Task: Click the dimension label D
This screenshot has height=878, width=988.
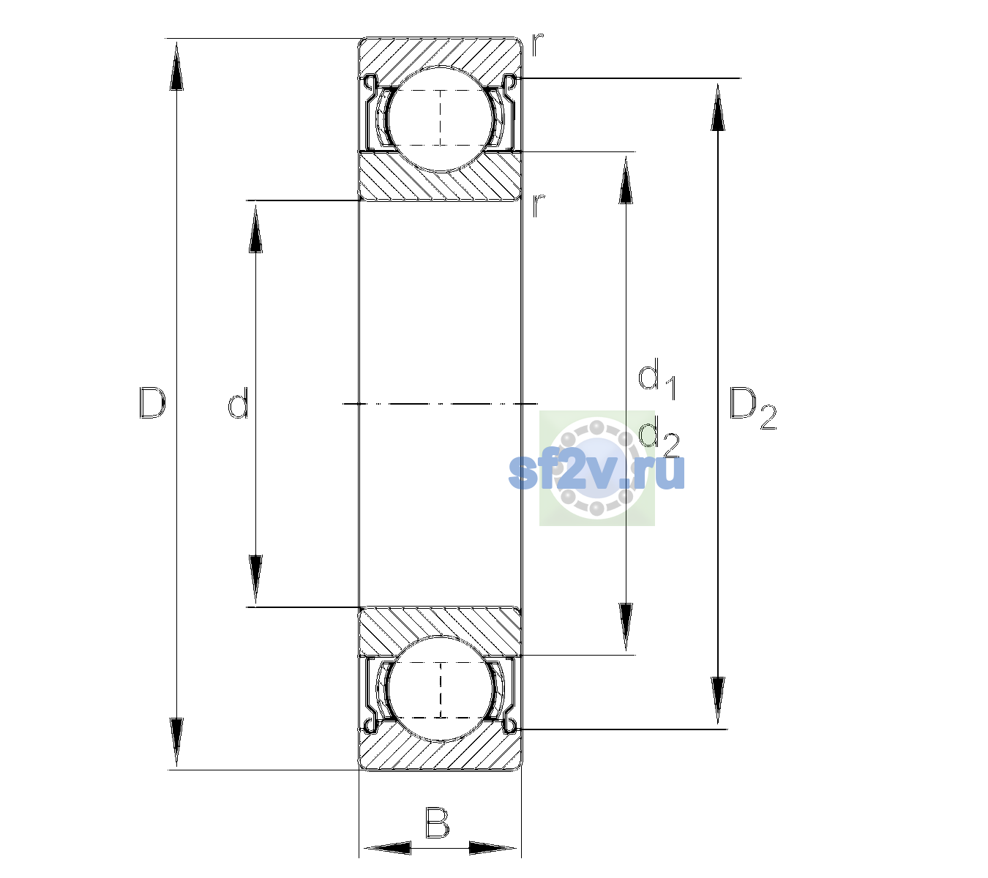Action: (x=152, y=402)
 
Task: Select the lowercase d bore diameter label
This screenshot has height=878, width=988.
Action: (x=239, y=402)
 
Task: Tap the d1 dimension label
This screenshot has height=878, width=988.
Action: (x=657, y=379)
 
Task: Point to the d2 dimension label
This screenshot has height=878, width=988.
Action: (x=659, y=436)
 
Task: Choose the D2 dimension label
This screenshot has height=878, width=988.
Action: (x=752, y=408)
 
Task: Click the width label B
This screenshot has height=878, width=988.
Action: (x=437, y=823)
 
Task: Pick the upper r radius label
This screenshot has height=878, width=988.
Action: (x=537, y=44)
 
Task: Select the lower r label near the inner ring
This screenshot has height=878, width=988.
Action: (x=537, y=205)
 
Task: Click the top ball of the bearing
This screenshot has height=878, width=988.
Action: (x=441, y=119)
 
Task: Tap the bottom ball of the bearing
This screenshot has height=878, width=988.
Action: (x=441, y=689)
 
